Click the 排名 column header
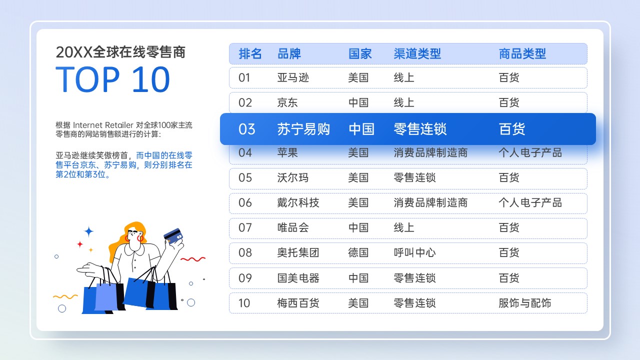pyautogui.click(x=250, y=53)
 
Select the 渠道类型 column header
pyautogui.click(x=417, y=53)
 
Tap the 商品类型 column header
pyautogui.click(x=522, y=53)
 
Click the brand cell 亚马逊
pyautogui.click(x=293, y=77)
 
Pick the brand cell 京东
pyautogui.click(x=287, y=102)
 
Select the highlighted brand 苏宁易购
pyautogui.click(x=303, y=129)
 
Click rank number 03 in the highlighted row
pyautogui.click(x=247, y=129)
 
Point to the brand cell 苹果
pyautogui.click(x=287, y=152)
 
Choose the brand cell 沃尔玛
pyautogui.click(x=293, y=177)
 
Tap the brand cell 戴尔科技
pyautogui.click(x=298, y=202)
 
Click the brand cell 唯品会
pyautogui.click(x=293, y=227)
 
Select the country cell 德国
pyautogui.click(x=358, y=252)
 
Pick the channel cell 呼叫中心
pyautogui.click(x=414, y=252)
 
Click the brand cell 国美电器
pyautogui.click(x=298, y=278)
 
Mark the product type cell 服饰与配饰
pyautogui.click(x=525, y=303)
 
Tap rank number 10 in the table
pyautogui.click(x=244, y=303)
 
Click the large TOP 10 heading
pyautogui.click(x=113, y=79)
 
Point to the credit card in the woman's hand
pyautogui.click(x=173, y=235)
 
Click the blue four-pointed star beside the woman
pyautogui.click(x=88, y=231)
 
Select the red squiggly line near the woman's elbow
pyautogui.click(x=193, y=259)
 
